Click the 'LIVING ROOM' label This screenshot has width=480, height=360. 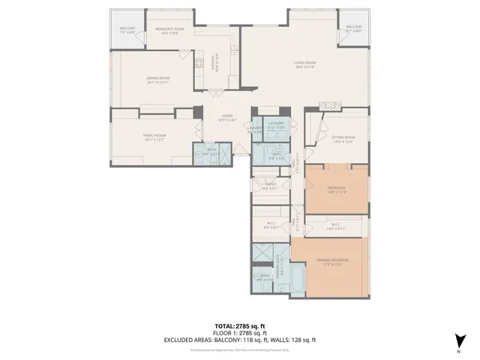(304, 63)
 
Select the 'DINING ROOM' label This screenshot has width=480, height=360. (158, 78)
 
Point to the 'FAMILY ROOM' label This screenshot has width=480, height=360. (154, 135)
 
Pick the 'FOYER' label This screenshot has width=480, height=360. (226, 116)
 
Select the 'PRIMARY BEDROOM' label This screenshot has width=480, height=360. (331, 259)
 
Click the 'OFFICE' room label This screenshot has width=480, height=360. (270, 184)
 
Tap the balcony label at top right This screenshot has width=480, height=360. (353, 28)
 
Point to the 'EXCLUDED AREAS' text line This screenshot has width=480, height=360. (240, 340)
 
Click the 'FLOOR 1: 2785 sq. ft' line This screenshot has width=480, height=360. (240, 333)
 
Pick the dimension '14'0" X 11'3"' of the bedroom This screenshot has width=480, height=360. (336, 192)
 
